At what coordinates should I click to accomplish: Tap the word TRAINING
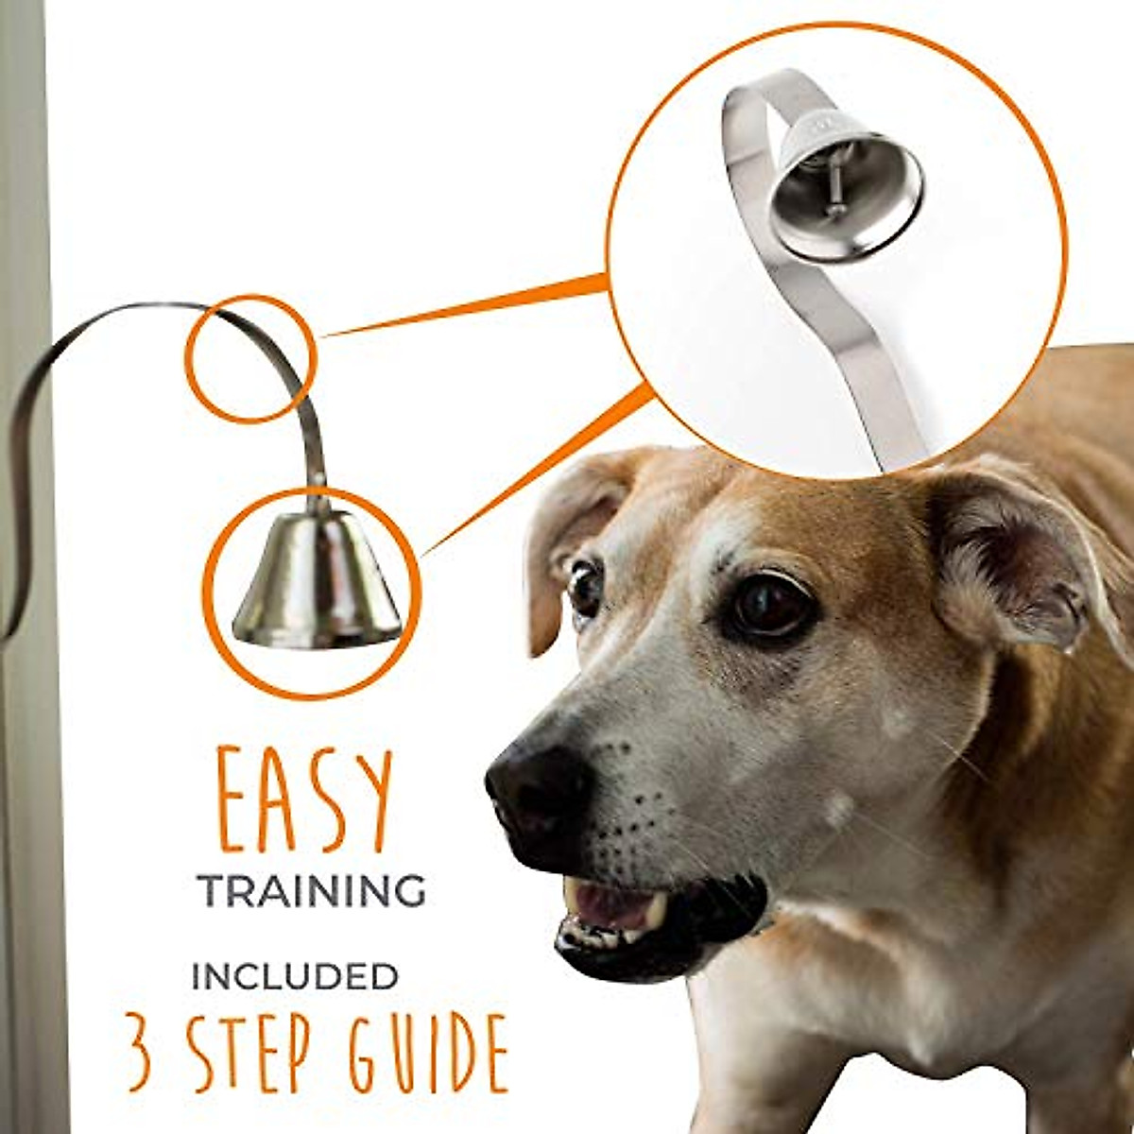coord(311,891)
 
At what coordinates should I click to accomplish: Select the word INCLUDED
coord(294,977)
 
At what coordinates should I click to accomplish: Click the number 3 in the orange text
coord(140,1053)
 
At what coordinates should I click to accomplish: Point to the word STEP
coord(249,1053)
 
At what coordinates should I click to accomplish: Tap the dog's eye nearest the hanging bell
coord(584,588)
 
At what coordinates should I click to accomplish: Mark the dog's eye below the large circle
coord(767,605)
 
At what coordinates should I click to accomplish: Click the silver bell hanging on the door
coord(316,581)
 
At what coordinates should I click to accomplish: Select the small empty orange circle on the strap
coord(249,358)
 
